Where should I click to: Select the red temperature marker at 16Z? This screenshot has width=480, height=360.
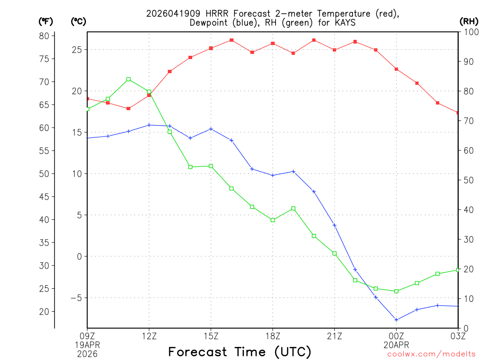pyautogui.click(x=232, y=40)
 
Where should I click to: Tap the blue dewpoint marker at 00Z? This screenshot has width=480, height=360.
pyautogui.click(x=397, y=320)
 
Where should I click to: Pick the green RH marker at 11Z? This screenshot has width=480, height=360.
pyautogui.click(x=128, y=79)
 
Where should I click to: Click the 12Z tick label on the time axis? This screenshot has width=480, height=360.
pyautogui.click(x=149, y=335)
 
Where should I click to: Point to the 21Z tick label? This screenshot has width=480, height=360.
pyautogui.click(x=334, y=335)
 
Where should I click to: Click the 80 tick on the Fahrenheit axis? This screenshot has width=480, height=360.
pyautogui.click(x=45, y=36)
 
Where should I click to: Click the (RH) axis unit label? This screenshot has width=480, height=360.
pyautogui.click(x=468, y=21)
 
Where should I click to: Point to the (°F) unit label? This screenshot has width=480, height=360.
pyautogui.click(x=45, y=21)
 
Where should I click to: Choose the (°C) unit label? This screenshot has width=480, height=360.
pyautogui.click(x=78, y=21)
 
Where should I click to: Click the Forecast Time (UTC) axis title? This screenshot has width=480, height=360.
pyautogui.click(x=240, y=352)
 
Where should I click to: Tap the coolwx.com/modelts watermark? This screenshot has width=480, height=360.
pyautogui.click(x=431, y=354)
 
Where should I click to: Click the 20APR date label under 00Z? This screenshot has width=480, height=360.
pyautogui.click(x=397, y=344)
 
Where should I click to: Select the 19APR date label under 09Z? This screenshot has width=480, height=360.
pyautogui.click(x=87, y=344)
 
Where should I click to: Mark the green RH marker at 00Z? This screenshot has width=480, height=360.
pyautogui.click(x=397, y=291)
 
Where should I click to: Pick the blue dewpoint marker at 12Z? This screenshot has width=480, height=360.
pyautogui.click(x=149, y=125)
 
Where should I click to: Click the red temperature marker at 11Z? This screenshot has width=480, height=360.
pyautogui.click(x=128, y=108)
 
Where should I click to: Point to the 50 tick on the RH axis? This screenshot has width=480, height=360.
pyautogui.click(x=468, y=180)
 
